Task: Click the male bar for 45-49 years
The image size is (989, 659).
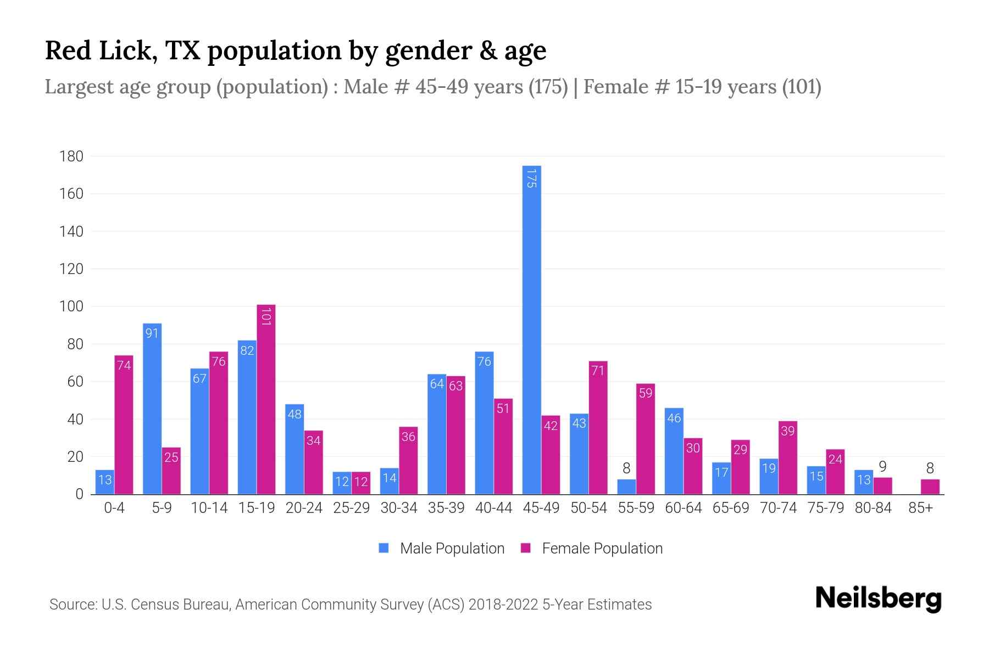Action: click(531, 329)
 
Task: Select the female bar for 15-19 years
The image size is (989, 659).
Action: click(266, 399)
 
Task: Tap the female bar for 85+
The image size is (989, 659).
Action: click(930, 487)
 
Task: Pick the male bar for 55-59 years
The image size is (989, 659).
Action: click(626, 487)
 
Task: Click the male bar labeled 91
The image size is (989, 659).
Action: click(152, 409)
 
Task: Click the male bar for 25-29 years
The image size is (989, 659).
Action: click(342, 483)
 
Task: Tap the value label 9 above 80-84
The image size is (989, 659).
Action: click(882, 467)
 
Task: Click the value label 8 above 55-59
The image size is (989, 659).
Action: click(626, 468)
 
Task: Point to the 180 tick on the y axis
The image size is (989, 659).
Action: click(71, 157)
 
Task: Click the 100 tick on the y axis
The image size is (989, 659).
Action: click(71, 306)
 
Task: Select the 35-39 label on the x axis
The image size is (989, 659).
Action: click(446, 508)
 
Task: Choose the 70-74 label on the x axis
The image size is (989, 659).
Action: click(778, 508)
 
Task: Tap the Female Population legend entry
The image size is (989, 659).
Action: click(592, 548)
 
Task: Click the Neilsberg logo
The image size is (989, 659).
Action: click(878, 599)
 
